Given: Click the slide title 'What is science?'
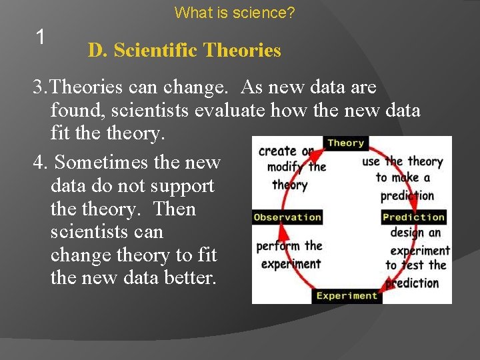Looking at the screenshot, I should [x=235, y=12].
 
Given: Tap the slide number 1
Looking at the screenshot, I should [x=40, y=38].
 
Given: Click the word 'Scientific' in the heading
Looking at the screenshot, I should [x=155, y=50].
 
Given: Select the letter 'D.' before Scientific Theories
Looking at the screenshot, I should [x=98, y=50].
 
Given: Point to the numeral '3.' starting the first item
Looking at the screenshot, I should [x=41, y=87].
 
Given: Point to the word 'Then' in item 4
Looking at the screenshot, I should [x=174, y=209].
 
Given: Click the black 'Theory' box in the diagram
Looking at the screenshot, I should [x=345, y=143].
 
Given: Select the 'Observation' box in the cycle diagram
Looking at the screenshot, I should [x=287, y=217].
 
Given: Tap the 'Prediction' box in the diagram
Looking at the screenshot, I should [x=413, y=217].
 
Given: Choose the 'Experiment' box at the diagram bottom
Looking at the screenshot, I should [x=347, y=295].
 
